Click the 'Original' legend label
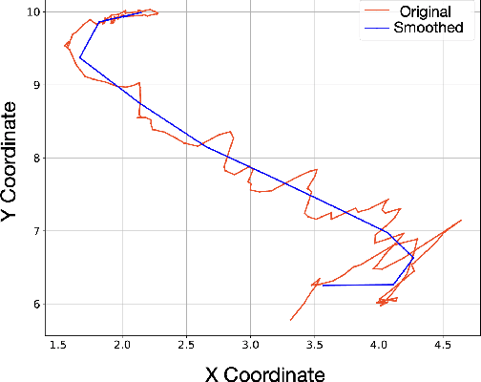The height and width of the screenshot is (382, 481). [x=425, y=11]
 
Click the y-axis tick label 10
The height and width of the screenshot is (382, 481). [x=33, y=12]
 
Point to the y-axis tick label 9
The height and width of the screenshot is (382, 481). [x=37, y=85]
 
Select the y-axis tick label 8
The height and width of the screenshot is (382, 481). [x=37, y=159]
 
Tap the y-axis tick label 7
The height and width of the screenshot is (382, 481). [x=37, y=231]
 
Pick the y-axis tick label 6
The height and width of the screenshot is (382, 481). [x=37, y=305]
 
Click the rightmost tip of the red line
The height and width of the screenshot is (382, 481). [x=461, y=220]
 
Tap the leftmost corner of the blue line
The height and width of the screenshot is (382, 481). [x=80, y=58]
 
